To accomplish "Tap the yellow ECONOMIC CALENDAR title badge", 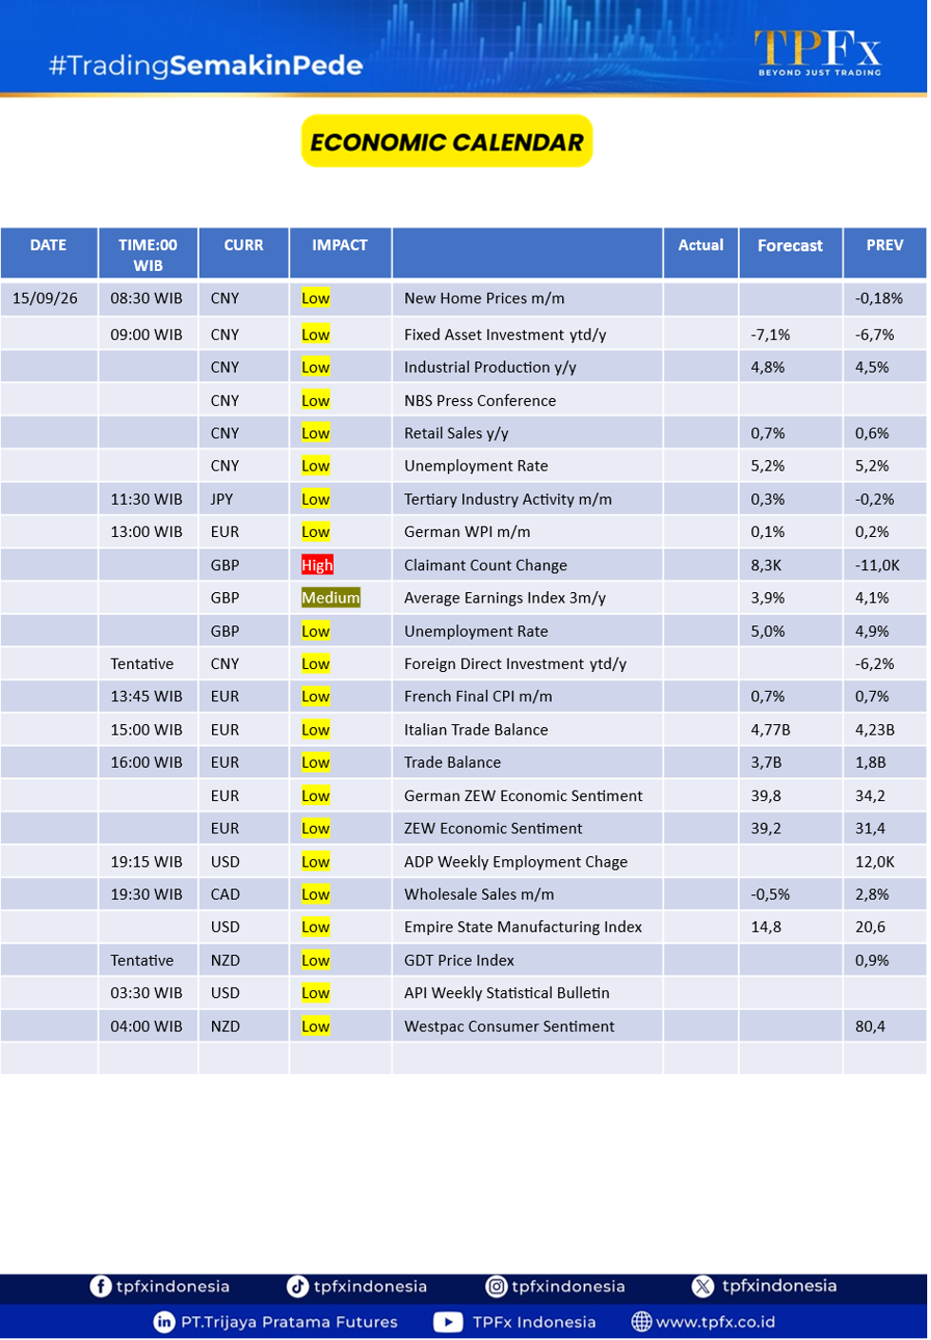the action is pos(448,142).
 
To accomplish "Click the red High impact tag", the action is pos(318,565).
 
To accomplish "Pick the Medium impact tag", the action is pos(332,599).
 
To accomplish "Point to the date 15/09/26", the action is pos(45,298).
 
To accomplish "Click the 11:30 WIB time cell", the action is pos(146,500).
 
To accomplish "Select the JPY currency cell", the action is pos(223,500).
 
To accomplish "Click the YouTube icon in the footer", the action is pos(449,1323).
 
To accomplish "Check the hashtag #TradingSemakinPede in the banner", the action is pos(206,66).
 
